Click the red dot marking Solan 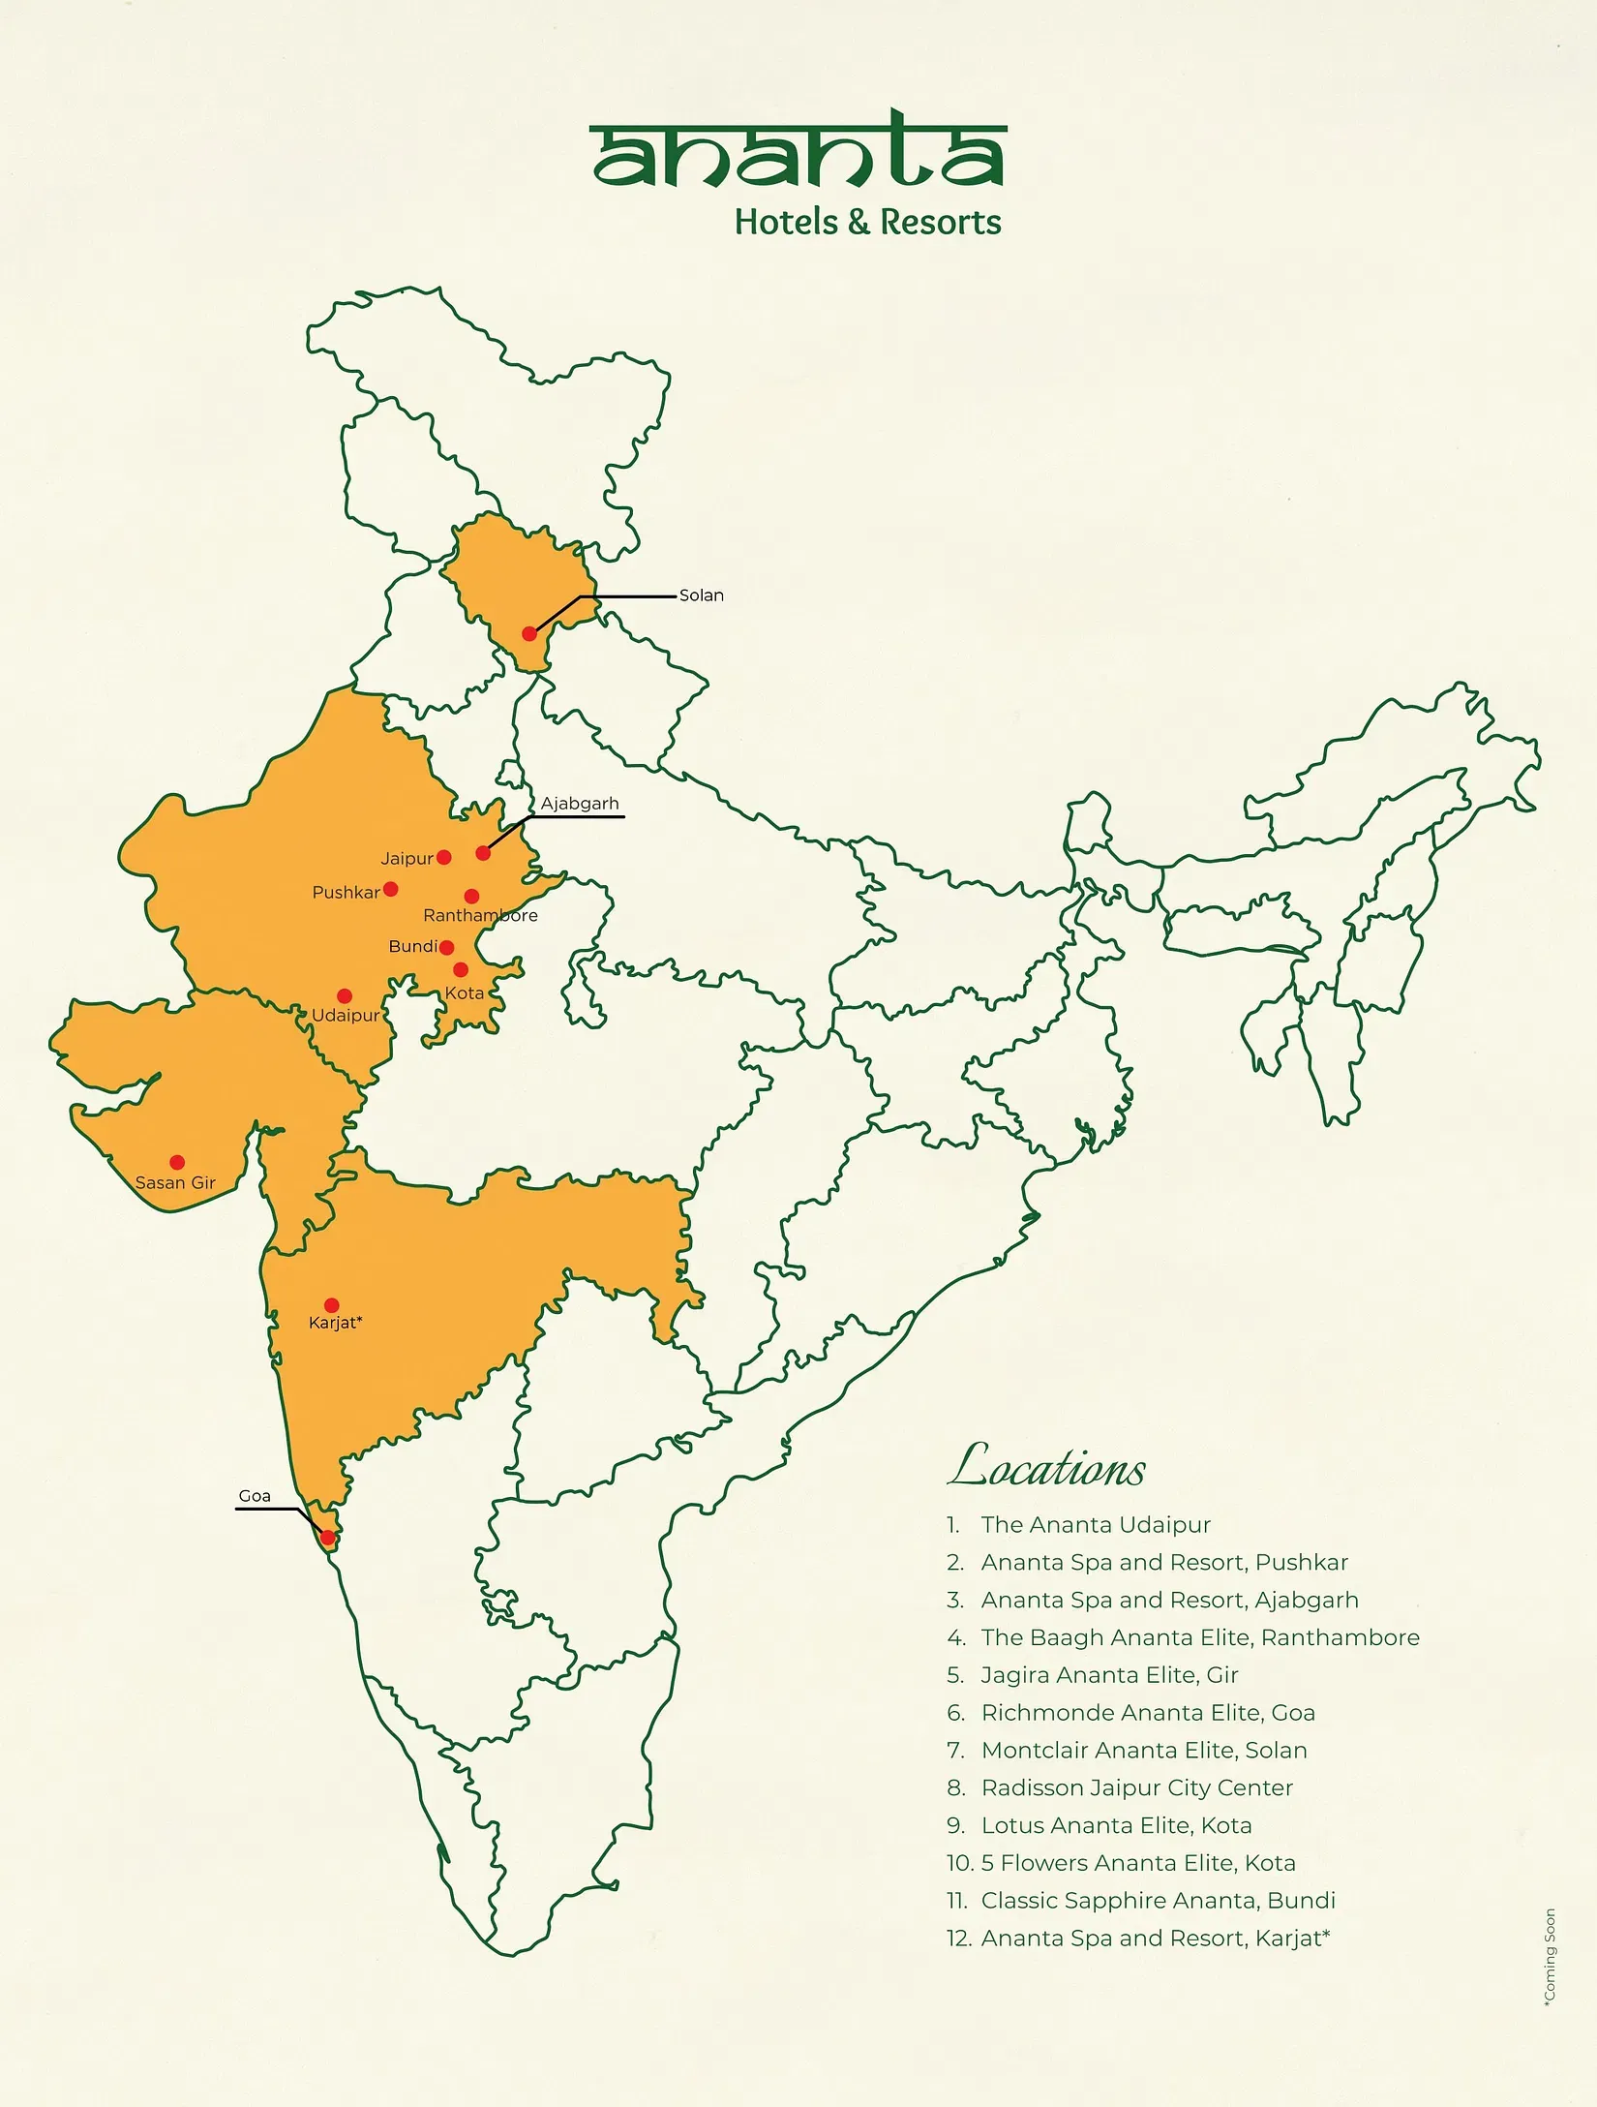pyautogui.click(x=529, y=633)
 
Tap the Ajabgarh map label pyautogui.click(x=579, y=803)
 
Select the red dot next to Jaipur pyautogui.click(x=444, y=857)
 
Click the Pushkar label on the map pyautogui.click(x=346, y=892)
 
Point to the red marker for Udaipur pyautogui.click(x=345, y=995)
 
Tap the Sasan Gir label pyautogui.click(x=175, y=1182)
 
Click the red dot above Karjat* pyautogui.click(x=332, y=1305)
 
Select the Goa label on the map pyautogui.click(x=255, y=1495)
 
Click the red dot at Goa pyautogui.click(x=328, y=1538)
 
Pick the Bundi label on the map pyautogui.click(x=413, y=946)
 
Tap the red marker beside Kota pyautogui.click(x=461, y=969)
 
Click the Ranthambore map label pyautogui.click(x=480, y=915)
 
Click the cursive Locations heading pyautogui.click(x=1046, y=1466)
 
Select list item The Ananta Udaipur pyautogui.click(x=1095, y=1524)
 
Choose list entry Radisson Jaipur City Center pyautogui.click(x=1136, y=1787)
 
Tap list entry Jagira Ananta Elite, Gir pyautogui.click(x=1109, y=1674)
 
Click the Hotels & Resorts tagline pyautogui.click(x=867, y=222)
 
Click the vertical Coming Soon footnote pyautogui.click(x=1550, y=1956)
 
